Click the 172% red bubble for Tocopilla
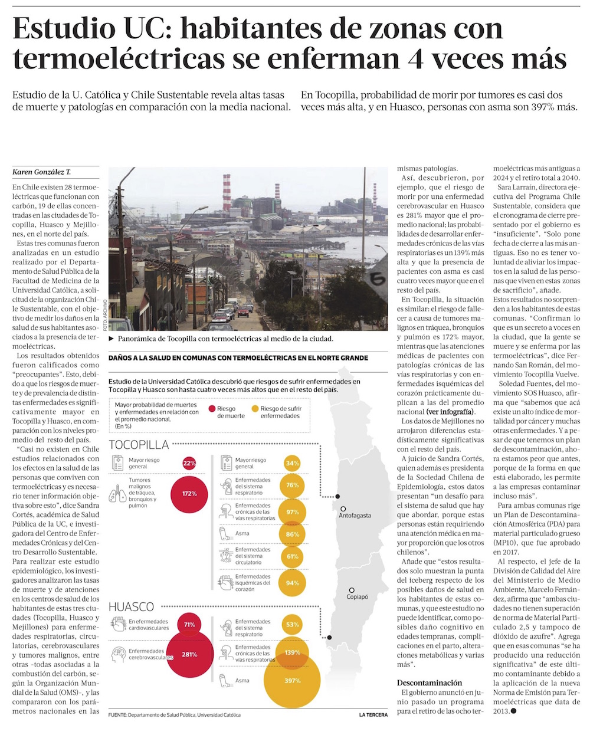[189, 493]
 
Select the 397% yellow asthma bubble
[292, 680]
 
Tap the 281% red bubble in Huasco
[189, 654]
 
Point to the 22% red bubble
[189, 463]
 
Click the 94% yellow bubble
[293, 583]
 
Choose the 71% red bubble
[189, 624]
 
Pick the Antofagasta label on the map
[355, 515]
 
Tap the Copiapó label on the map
[357, 596]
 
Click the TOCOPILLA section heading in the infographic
[139, 445]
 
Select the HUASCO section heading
[132, 606]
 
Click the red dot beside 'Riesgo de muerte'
[211, 408]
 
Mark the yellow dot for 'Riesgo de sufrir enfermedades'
[254, 408]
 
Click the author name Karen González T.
[41, 172]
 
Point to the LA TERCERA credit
[373, 715]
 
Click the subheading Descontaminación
[430, 682]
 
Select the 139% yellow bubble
[293, 652]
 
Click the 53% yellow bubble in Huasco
[293, 624]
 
